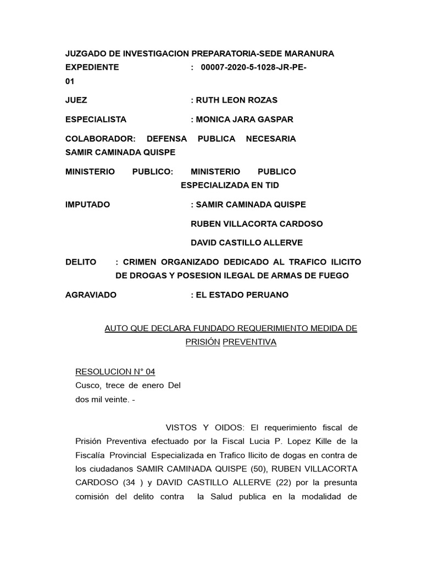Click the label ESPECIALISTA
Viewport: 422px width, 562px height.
96,119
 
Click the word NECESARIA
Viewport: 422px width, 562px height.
271,138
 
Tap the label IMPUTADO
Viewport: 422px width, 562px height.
87,204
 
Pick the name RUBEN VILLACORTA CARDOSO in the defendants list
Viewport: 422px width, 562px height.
256,223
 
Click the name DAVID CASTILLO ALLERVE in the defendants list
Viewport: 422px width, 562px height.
246,243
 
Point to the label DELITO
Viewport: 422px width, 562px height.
81,262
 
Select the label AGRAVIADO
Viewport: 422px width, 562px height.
91,295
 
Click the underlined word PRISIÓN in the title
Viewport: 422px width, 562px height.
204,342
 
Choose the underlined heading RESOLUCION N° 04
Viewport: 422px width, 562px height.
111,372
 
